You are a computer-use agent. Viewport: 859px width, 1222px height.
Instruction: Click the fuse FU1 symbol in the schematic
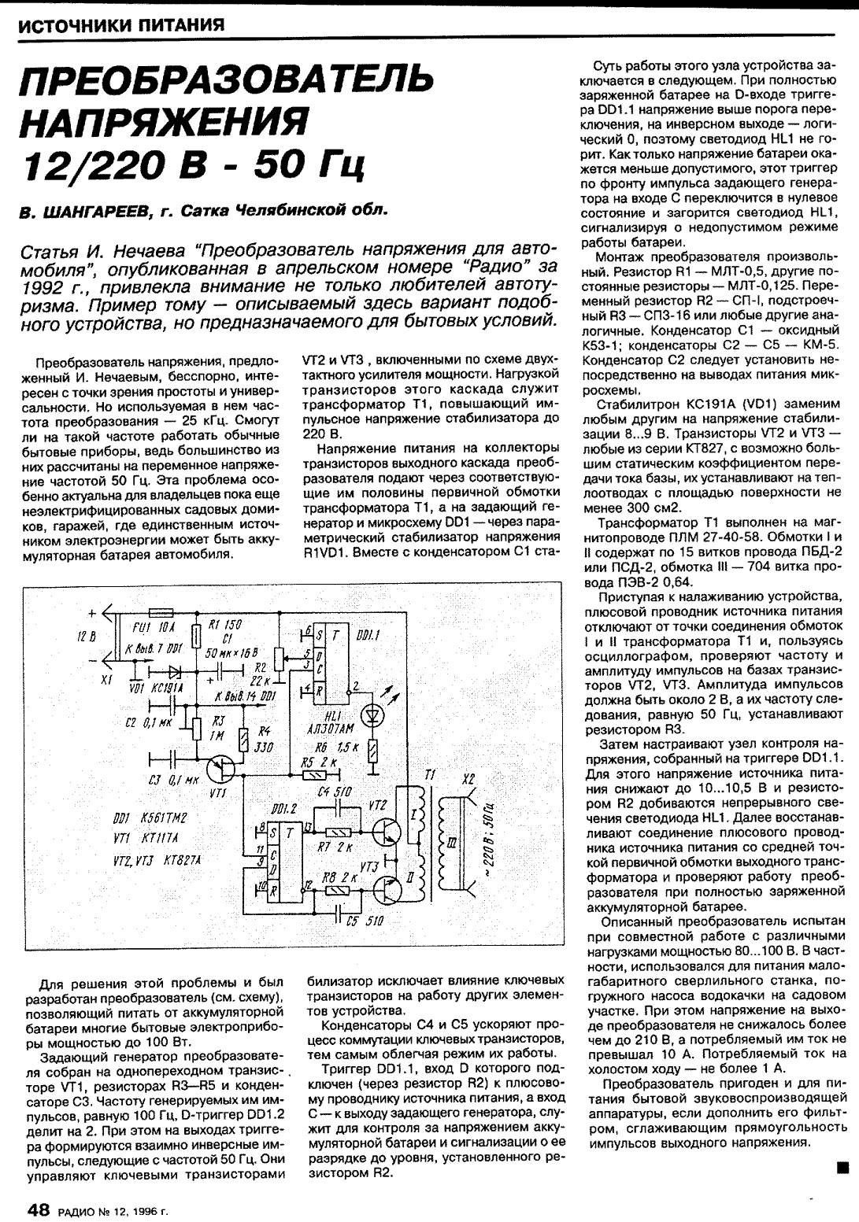[161, 611]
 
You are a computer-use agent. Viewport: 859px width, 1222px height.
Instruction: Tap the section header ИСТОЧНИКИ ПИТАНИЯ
[121, 25]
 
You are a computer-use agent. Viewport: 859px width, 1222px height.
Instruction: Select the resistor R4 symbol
[243, 738]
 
